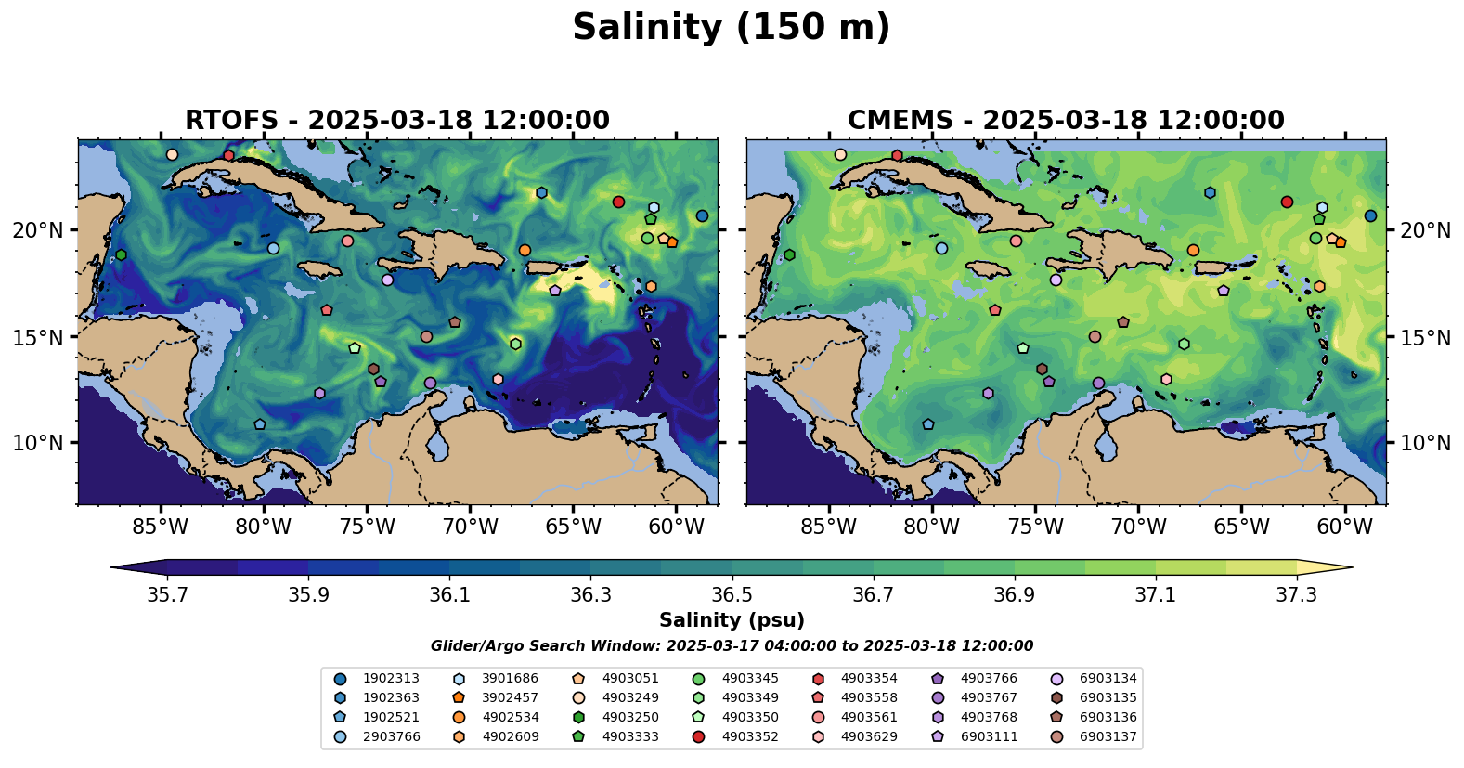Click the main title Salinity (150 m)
tap(731, 28)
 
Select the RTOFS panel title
tap(397, 121)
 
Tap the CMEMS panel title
tap(1066, 121)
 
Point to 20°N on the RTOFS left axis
tap(38, 230)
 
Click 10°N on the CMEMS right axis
tap(1425, 443)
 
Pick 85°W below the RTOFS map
tap(161, 527)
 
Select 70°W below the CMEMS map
tap(1138, 527)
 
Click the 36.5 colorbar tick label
tap(732, 594)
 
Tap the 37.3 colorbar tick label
tap(1296, 594)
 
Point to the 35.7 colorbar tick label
tap(167, 594)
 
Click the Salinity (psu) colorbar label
tap(732, 620)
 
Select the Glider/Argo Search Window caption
tap(732, 646)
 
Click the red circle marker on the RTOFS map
tap(618, 202)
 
